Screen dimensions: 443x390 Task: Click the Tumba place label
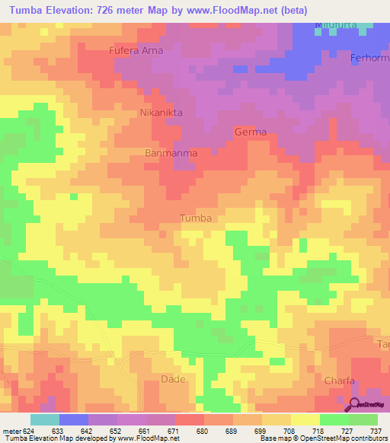[x=195, y=218]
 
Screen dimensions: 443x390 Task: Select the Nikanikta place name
[x=161, y=113]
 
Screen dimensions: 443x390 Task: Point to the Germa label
[x=251, y=132]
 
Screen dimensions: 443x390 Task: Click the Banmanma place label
[x=171, y=153]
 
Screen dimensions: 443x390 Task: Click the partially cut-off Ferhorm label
[x=370, y=58]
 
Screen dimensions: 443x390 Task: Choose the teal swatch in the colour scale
[x=45, y=419]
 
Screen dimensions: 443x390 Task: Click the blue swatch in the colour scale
[x=74, y=419]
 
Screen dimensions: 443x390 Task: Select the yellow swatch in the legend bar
[x=305, y=419]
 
